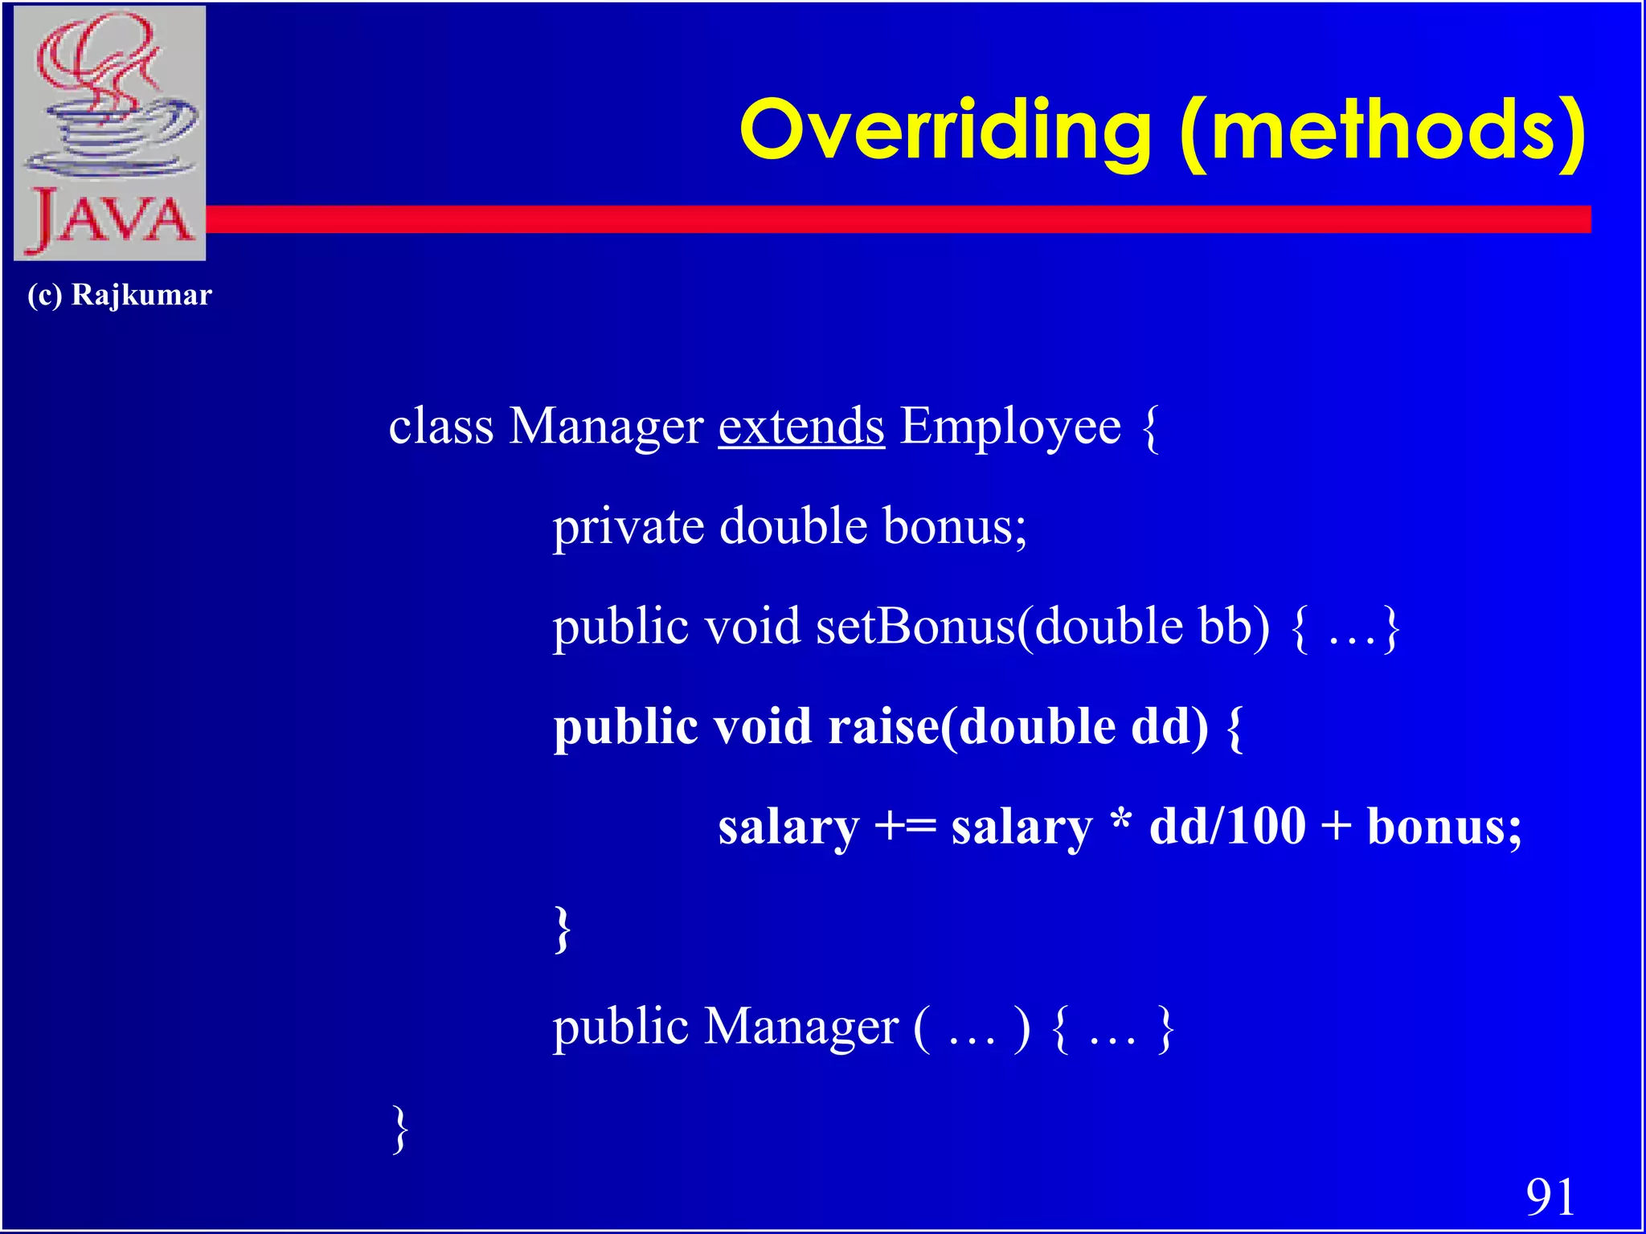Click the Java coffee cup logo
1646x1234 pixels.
(x=110, y=133)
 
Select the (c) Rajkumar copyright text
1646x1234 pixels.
(x=120, y=295)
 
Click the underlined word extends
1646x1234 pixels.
(x=801, y=426)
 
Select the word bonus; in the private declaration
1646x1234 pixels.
(x=955, y=526)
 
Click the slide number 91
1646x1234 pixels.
(x=1550, y=1197)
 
